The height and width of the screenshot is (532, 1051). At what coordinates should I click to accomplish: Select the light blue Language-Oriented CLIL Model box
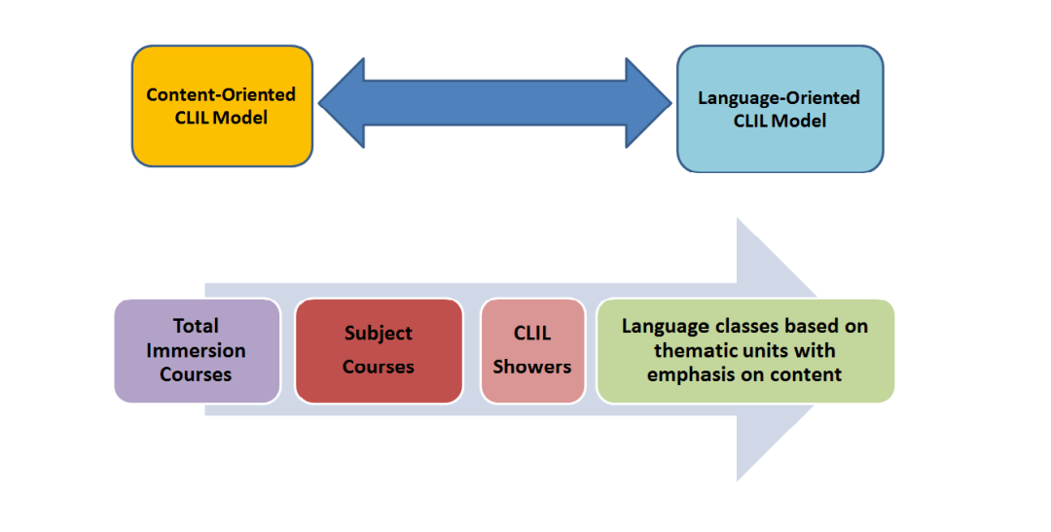(x=779, y=109)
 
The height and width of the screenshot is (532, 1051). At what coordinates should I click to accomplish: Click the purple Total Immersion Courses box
(x=197, y=350)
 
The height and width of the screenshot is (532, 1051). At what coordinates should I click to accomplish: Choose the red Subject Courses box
(x=379, y=350)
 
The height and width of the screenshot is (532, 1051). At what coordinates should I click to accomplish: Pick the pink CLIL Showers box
(x=532, y=350)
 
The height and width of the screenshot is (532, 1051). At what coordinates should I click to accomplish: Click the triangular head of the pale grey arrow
(x=779, y=350)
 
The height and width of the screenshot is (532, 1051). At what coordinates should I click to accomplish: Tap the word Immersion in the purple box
(x=197, y=350)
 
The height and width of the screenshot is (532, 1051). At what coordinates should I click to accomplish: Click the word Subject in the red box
(x=379, y=334)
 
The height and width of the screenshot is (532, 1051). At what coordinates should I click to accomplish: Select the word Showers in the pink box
(x=532, y=367)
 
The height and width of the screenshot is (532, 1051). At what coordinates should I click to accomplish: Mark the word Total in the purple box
(x=197, y=326)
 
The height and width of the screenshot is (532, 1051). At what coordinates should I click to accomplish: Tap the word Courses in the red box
(x=379, y=367)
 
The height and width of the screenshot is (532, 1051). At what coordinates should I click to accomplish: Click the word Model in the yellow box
(x=243, y=118)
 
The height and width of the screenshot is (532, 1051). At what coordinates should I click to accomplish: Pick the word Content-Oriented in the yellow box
(x=221, y=95)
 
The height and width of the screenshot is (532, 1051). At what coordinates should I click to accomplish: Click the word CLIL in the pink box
(x=532, y=334)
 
